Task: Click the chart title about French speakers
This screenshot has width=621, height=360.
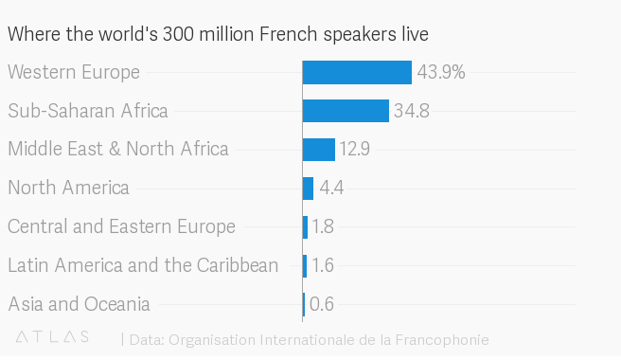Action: click(x=218, y=34)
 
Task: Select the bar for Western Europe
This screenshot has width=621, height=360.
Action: click(x=357, y=72)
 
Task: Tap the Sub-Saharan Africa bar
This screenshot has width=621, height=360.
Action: click(x=346, y=111)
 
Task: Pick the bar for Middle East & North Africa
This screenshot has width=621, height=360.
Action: click(x=319, y=150)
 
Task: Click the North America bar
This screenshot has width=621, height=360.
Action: click(x=308, y=189)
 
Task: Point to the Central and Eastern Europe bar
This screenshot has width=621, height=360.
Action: click(x=305, y=227)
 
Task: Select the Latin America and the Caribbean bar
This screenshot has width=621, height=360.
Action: click(x=305, y=265)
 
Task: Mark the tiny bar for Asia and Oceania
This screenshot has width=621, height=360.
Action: click(x=304, y=304)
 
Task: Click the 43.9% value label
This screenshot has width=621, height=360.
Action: click(x=441, y=72)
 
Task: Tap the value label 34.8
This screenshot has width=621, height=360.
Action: click(x=412, y=111)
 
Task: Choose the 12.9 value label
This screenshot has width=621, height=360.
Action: click(x=355, y=150)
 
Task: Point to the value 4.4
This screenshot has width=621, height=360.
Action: click(x=331, y=189)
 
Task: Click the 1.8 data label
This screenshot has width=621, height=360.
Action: click(x=323, y=227)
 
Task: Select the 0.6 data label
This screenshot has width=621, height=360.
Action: click(x=322, y=304)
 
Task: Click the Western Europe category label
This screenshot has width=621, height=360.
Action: click(x=74, y=72)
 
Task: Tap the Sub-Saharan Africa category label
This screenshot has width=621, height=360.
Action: click(x=88, y=111)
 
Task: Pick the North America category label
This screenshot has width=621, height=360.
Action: click(x=68, y=188)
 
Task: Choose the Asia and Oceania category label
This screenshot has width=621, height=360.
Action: click(x=79, y=304)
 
